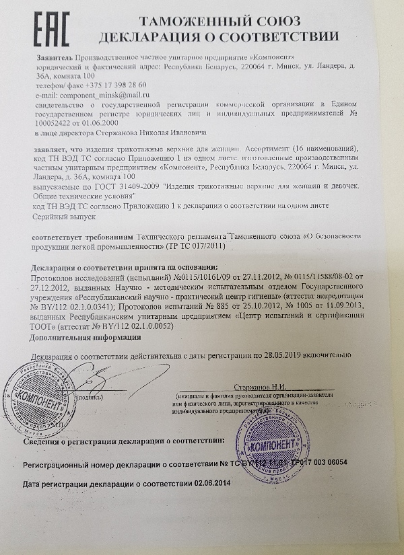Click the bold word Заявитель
pyautogui.click(x=55, y=59)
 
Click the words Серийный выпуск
pyautogui.click(x=63, y=218)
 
